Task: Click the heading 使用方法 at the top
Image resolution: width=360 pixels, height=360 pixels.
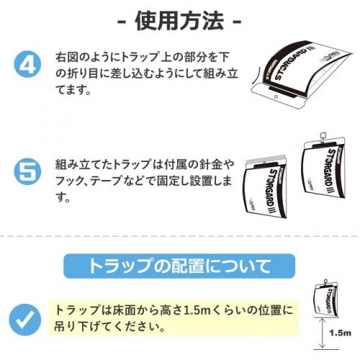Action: [179, 21]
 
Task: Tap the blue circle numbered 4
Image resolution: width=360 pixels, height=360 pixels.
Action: [27, 65]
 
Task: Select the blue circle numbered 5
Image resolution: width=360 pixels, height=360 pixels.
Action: [27, 171]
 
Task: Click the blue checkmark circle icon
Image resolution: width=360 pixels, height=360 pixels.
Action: [25, 320]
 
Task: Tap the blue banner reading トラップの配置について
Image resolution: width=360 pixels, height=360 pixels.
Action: [179, 266]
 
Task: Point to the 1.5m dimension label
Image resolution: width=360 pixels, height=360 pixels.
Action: [340, 333]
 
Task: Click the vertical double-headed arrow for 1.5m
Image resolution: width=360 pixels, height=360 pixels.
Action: [323, 333]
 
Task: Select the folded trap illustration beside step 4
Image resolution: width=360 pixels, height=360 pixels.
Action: [302, 74]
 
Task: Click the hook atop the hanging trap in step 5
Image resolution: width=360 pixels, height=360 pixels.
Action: [323, 136]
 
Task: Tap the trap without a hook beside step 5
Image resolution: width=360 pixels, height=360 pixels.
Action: [265, 187]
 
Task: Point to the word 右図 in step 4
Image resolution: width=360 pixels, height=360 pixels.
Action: [66, 58]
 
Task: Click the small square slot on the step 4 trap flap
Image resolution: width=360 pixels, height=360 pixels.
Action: [276, 97]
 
